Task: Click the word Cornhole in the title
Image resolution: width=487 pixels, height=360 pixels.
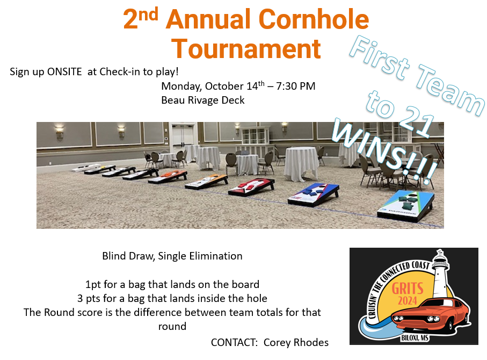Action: (314, 19)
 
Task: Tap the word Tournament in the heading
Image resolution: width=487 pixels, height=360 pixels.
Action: (246, 49)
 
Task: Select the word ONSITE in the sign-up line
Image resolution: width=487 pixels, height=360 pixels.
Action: (64, 72)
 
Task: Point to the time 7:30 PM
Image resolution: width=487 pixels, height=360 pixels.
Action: (296, 86)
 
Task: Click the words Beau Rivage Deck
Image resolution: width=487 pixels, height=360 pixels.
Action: (203, 100)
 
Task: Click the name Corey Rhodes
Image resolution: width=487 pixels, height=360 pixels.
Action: (296, 342)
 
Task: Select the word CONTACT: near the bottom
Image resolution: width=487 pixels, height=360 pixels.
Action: (234, 342)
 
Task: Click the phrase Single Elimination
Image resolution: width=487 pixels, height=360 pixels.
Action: (200, 256)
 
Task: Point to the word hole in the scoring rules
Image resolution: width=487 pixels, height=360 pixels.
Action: (257, 298)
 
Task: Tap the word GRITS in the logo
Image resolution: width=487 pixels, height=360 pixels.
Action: (408, 288)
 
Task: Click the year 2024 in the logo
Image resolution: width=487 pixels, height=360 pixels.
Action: (408, 301)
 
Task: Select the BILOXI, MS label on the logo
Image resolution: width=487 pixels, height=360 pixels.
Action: (415, 337)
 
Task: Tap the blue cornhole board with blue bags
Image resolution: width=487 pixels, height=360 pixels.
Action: (314, 194)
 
